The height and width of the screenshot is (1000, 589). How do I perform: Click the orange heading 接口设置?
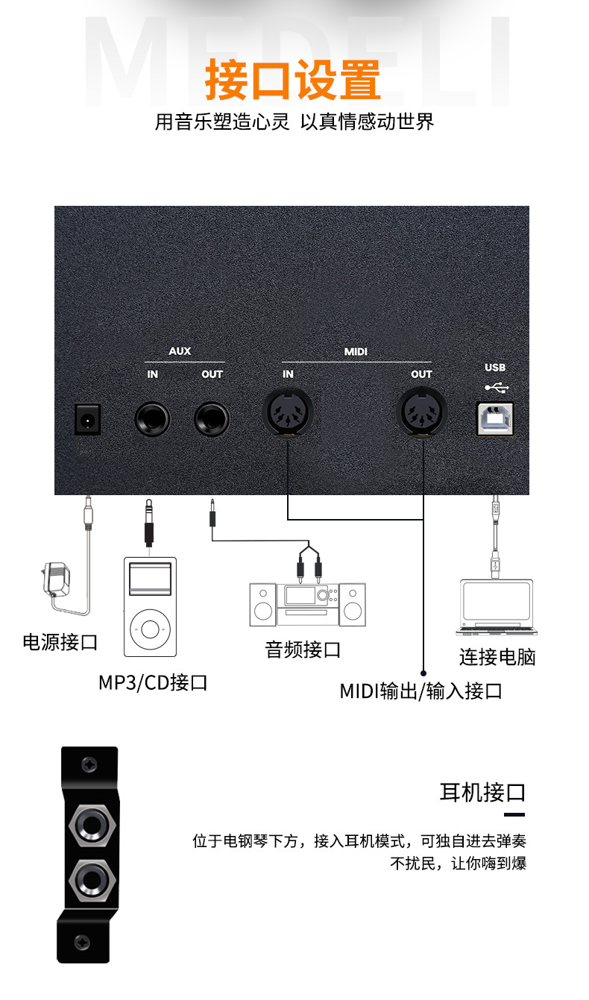click(293, 81)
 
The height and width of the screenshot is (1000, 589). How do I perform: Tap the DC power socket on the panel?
click(87, 420)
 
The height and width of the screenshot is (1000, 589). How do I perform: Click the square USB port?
click(495, 418)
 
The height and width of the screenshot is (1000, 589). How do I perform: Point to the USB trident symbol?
click(495, 387)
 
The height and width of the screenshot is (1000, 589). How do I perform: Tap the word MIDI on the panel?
click(356, 350)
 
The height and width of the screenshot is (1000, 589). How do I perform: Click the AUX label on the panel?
click(180, 350)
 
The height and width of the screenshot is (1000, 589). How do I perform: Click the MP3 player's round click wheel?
click(150, 628)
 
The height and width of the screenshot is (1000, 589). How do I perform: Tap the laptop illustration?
click(497, 607)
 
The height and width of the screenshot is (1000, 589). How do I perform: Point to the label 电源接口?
click(60, 642)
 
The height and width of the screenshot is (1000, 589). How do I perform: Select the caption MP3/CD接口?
click(153, 682)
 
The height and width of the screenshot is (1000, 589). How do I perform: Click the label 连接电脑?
click(497, 657)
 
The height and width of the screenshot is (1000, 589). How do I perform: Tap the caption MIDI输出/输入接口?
click(421, 691)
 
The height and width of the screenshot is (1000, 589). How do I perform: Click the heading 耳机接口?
click(482, 792)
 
